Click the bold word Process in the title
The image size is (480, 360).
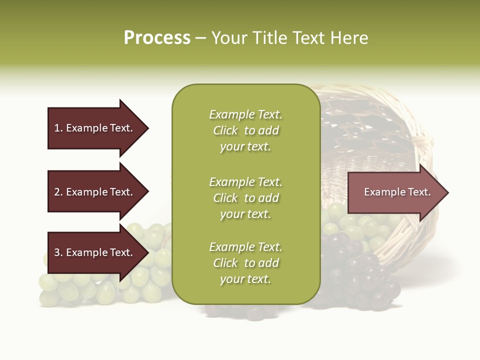[157, 37]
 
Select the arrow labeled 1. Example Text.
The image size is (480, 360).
[92, 128]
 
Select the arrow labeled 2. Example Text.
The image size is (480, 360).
[92, 192]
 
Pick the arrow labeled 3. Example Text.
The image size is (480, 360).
[92, 252]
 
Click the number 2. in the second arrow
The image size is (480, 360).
[58, 192]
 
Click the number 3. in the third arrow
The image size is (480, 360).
[58, 252]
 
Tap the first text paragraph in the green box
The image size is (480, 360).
[245, 130]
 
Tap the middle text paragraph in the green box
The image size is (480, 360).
[245, 198]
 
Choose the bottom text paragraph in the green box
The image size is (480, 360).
[245, 263]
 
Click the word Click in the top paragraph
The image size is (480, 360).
[225, 130]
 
